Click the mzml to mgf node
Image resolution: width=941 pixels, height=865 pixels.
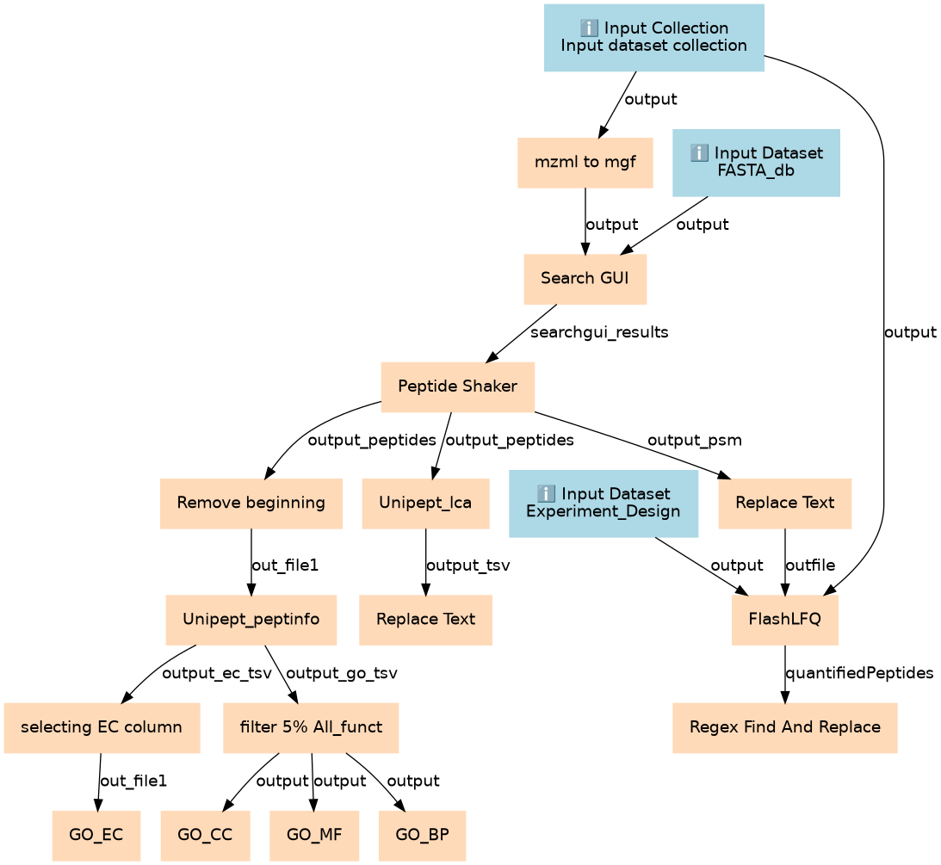[585, 163]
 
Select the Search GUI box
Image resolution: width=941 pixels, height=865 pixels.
[585, 279]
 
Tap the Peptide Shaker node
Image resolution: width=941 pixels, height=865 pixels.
[458, 387]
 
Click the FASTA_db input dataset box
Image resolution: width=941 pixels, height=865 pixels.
[756, 163]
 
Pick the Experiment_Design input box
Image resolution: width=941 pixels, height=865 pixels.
[604, 504]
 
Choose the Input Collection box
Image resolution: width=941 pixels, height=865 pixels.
[654, 38]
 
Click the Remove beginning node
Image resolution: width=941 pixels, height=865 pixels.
[251, 504]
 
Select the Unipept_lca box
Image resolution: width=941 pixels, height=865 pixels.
[425, 504]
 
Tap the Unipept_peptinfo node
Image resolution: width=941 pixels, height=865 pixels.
[251, 620]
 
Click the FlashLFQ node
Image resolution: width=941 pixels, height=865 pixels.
[785, 620]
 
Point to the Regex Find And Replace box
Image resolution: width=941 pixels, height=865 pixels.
[785, 727]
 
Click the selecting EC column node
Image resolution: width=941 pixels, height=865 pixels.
[102, 727]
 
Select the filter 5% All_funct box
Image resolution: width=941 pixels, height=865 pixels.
[311, 727]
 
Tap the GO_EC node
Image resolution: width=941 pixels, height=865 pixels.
[96, 836]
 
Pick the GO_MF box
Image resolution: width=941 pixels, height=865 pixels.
[314, 836]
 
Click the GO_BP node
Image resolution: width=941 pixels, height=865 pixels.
[423, 836]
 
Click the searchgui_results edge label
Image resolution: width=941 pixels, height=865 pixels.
[599, 332]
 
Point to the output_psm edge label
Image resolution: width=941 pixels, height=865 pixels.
[695, 441]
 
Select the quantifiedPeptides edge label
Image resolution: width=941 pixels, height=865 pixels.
[860, 673]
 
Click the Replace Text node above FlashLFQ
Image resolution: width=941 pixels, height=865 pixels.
[785, 504]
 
